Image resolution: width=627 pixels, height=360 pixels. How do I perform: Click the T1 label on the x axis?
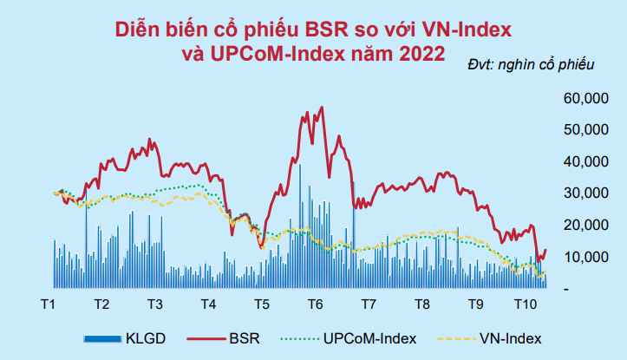tap(49, 305)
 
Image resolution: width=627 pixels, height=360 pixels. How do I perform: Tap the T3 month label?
tap(154, 305)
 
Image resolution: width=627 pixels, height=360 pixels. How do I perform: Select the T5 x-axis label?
tap(261, 305)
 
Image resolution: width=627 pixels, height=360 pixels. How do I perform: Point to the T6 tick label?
tap(315, 305)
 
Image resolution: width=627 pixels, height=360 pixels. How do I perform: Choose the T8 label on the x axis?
tap(422, 305)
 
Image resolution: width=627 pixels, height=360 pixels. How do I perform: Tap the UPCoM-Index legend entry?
tap(369, 337)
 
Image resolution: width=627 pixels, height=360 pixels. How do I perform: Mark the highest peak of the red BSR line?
tap(323, 108)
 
